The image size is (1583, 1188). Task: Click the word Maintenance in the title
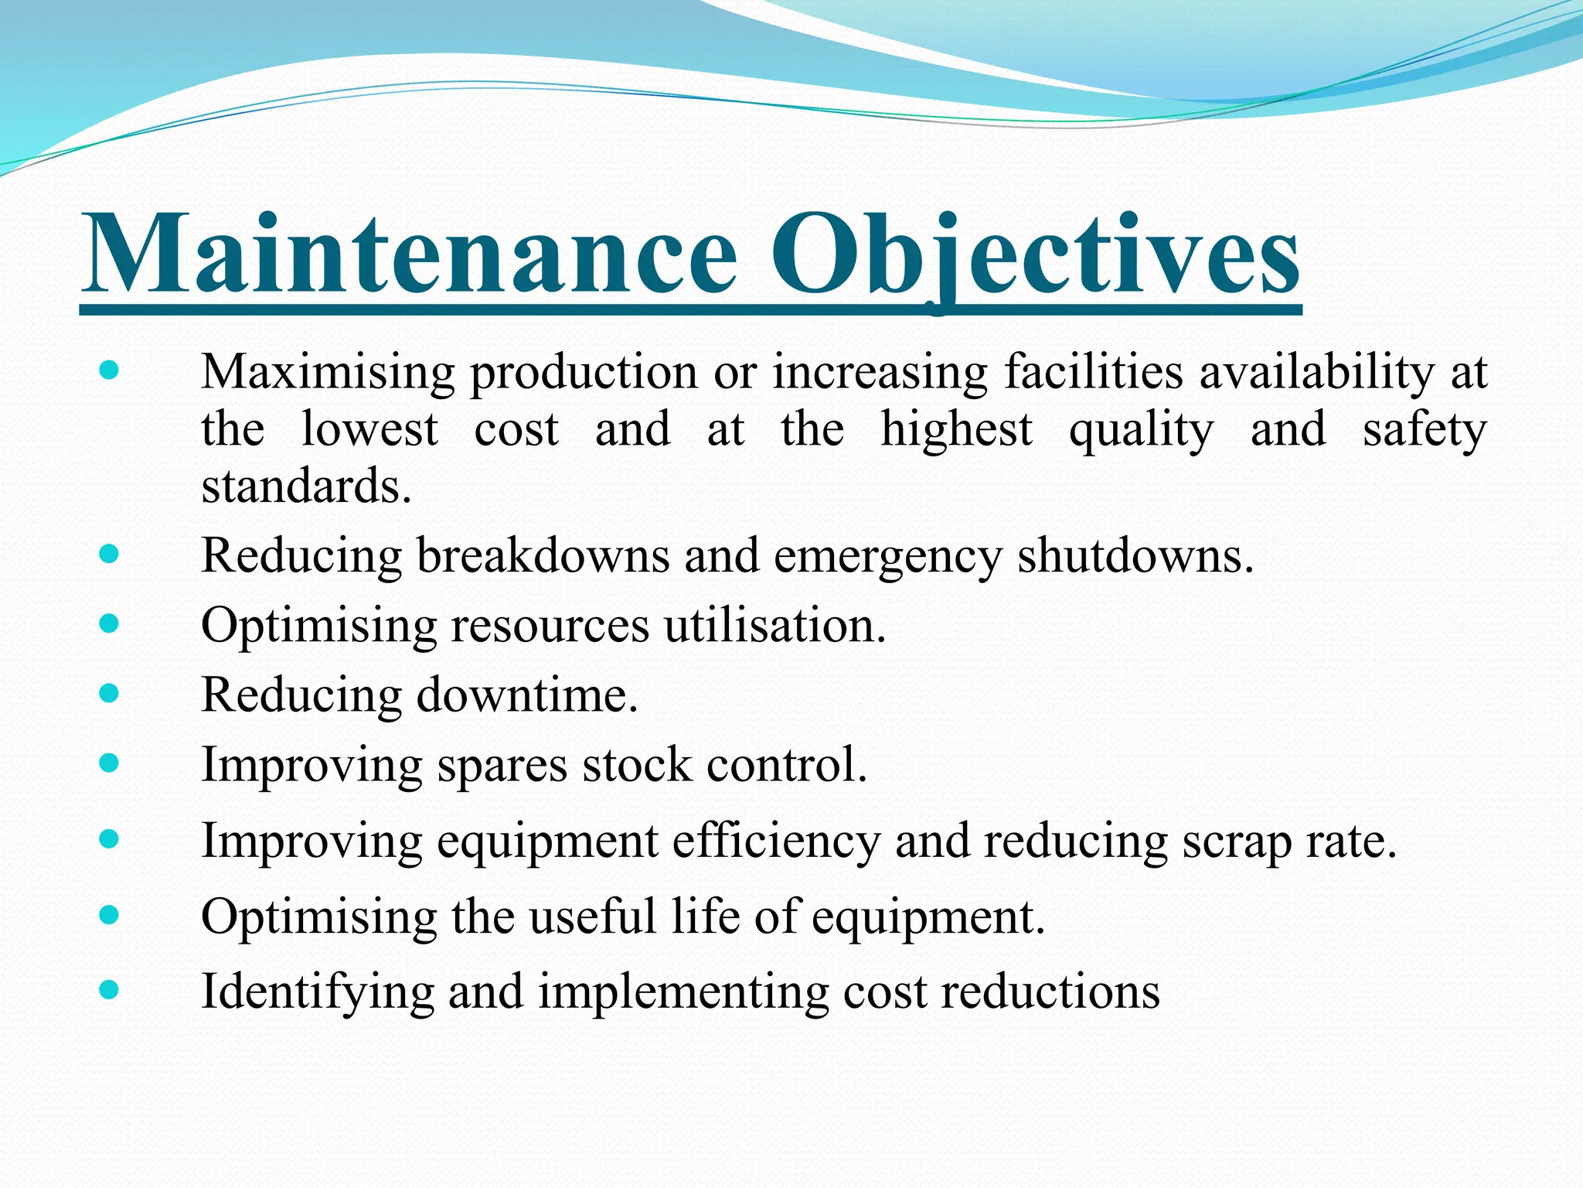(410, 255)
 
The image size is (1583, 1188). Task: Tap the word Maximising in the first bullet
(328, 373)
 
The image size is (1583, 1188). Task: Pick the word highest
(956, 431)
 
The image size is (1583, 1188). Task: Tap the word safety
(1424, 431)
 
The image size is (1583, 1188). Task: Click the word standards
(306, 487)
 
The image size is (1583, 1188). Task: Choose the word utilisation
(774, 625)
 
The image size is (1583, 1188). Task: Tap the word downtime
(527, 695)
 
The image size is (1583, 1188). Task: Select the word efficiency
(776, 841)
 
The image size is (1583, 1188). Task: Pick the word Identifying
(318, 992)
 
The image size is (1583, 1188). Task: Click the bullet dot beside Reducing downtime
(110, 692)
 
